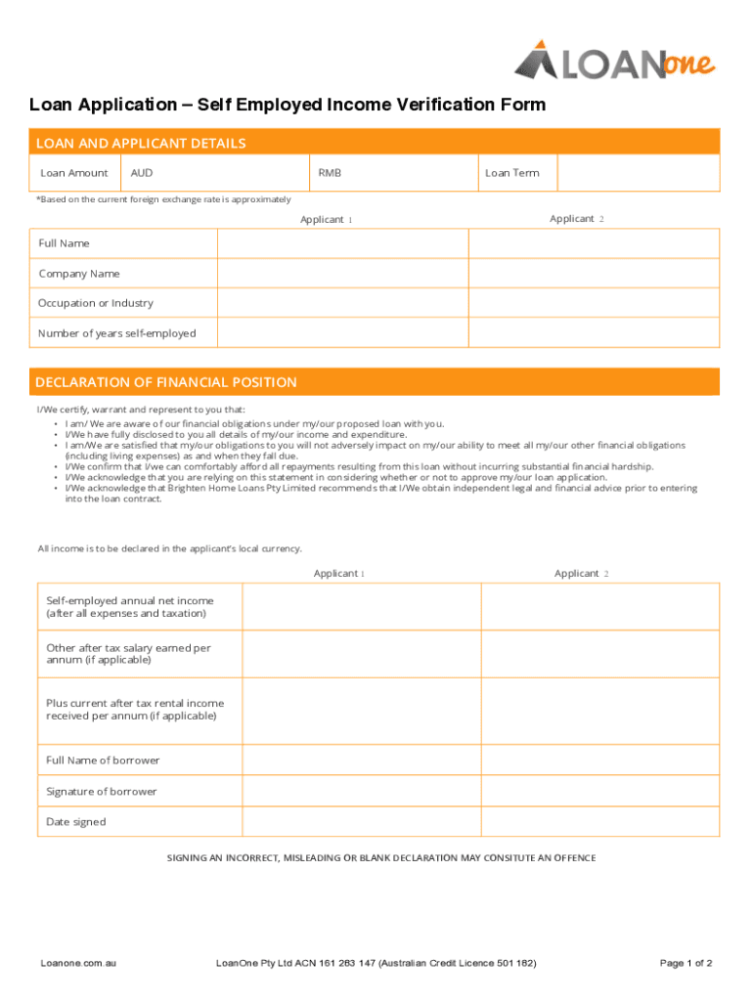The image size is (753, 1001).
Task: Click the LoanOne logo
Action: point(614,60)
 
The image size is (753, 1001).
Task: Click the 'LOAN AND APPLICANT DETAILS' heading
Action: point(141,144)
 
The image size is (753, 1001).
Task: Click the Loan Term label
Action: point(511,173)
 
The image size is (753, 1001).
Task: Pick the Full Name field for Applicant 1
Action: point(342,243)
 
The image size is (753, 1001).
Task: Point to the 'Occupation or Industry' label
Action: point(96,303)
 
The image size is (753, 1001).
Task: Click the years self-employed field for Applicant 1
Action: point(342,333)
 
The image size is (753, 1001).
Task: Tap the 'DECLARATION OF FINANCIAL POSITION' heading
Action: point(166,382)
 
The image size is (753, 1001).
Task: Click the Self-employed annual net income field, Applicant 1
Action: point(361,607)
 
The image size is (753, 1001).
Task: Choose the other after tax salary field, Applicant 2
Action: point(599,653)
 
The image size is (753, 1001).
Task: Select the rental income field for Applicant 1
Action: point(361,710)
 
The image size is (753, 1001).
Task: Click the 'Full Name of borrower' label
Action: point(103,761)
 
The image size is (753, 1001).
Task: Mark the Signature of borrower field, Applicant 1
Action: point(361,792)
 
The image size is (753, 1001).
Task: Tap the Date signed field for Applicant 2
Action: point(599,822)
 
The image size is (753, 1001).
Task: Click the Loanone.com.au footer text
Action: point(78,963)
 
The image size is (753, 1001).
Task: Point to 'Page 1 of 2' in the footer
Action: point(687,963)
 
